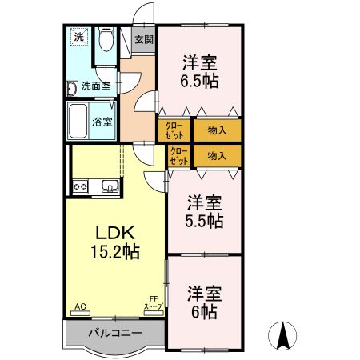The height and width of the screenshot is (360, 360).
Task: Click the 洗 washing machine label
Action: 78,37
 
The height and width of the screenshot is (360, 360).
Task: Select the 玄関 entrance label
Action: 143,38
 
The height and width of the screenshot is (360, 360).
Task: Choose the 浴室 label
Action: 102,122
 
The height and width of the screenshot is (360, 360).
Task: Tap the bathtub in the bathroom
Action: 78,121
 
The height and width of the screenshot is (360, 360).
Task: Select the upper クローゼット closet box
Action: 176,130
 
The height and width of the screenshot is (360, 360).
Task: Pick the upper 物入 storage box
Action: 216,130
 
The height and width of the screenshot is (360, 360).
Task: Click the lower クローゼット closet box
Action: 179,155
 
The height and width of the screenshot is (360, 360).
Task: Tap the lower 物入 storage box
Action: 216,155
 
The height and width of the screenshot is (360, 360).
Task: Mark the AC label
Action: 79,306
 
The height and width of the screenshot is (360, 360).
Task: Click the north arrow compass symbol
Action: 282,334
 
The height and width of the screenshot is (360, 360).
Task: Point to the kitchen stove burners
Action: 81,187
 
